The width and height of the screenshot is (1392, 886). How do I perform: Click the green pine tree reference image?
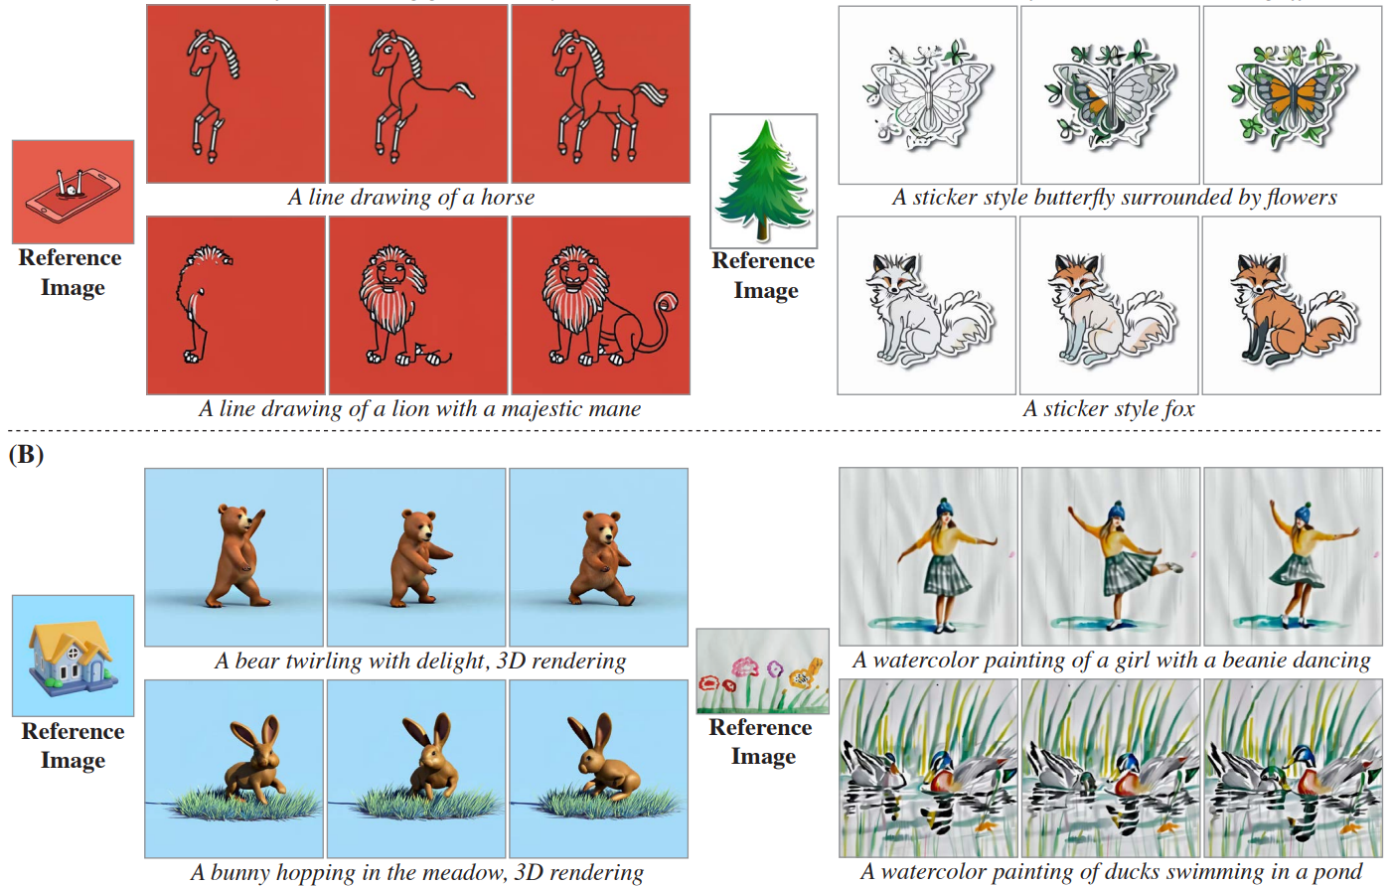point(764,181)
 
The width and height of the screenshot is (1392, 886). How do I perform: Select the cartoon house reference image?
point(74,657)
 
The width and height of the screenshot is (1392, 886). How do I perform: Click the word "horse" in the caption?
point(508,197)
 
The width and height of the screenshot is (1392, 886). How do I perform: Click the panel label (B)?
point(26,455)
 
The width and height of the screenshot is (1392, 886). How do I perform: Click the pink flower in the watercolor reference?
point(743,667)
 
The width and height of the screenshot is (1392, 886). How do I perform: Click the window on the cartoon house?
point(73,653)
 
